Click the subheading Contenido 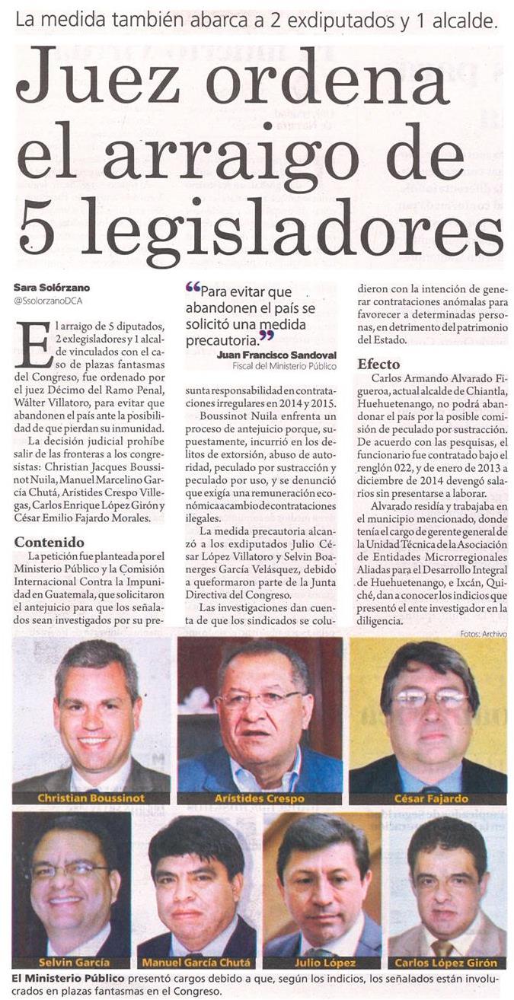click(49, 543)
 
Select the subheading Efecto click(379, 364)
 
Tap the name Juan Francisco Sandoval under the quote click(276, 355)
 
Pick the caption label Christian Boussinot click(90, 798)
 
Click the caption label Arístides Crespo click(260, 798)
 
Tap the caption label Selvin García click(70, 962)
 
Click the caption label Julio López click(321, 962)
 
